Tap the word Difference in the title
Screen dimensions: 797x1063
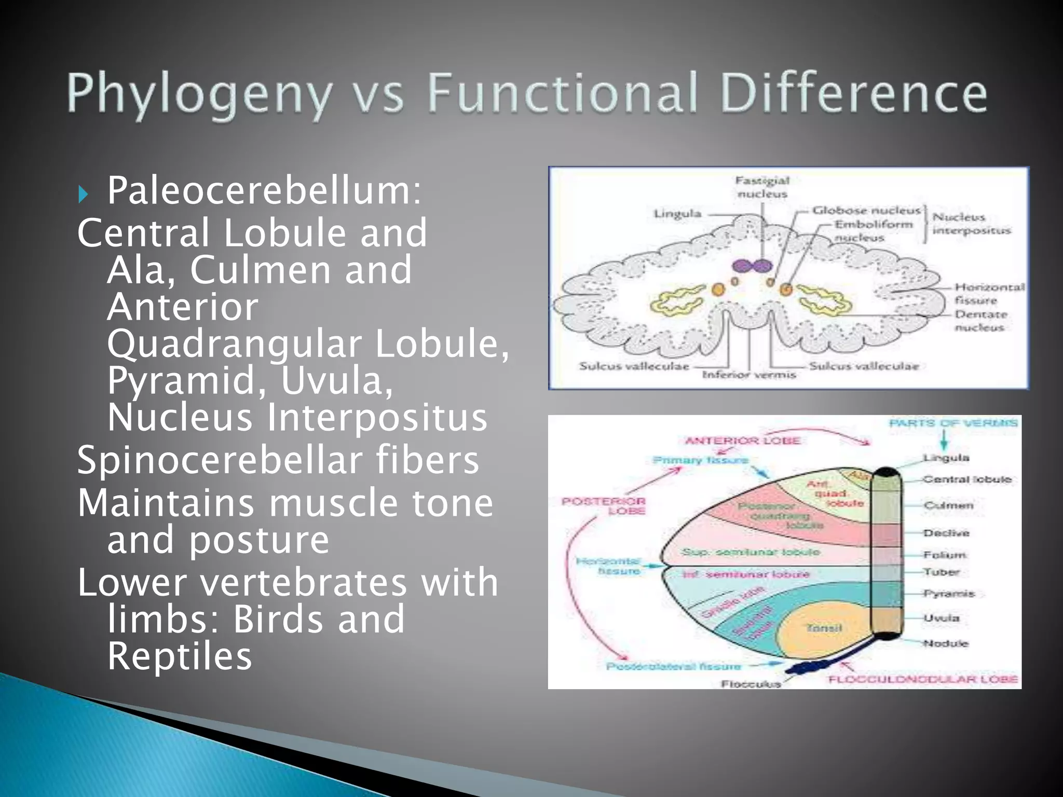(x=853, y=93)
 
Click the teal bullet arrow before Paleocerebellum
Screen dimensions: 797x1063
(x=83, y=194)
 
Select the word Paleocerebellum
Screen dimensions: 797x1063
(x=264, y=191)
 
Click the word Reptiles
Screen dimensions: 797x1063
(x=180, y=656)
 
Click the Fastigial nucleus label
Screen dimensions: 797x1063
(x=762, y=187)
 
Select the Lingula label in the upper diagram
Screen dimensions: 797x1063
(x=677, y=214)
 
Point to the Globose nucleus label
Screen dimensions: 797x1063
(x=866, y=211)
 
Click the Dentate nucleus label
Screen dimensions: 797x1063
(x=981, y=321)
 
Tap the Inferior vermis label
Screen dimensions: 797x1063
(x=748, y=375)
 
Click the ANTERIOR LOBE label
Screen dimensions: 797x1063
(x=743, y=441)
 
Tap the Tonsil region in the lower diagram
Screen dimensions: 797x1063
(x=824, y=628)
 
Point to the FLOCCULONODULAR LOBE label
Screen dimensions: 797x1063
(x=923, y=680)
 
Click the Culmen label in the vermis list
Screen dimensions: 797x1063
(x=948, y=505)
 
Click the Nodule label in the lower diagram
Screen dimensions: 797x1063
(x=945, y=643)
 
